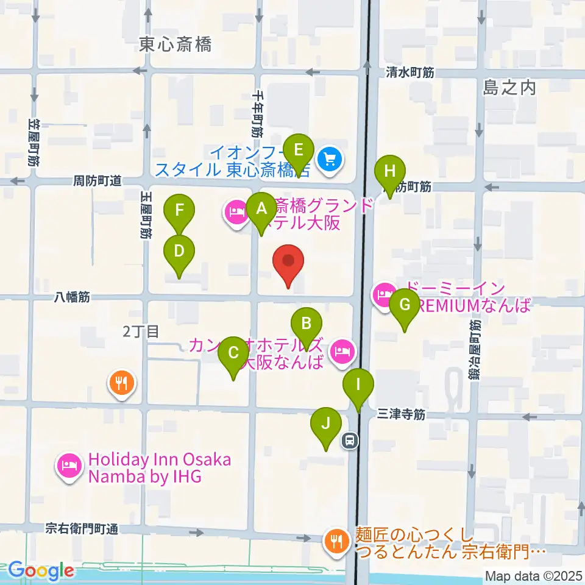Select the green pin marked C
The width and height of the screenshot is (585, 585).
click(x=233, y=353)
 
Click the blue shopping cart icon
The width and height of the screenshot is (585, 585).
click(x=330, y=160)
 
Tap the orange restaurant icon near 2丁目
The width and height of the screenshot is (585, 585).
click(x=122, y=383)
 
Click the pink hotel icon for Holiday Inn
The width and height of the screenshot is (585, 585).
click(x=69, y=467)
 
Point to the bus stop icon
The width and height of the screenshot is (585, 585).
click(x=350, y=440)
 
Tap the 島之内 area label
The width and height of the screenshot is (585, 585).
click(x=509, y=88)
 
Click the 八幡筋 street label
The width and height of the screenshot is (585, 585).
click(x=72, y=297)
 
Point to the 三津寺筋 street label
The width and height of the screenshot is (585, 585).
click(x=400, y=414)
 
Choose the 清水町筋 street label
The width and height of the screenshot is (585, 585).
click(x=409, y=72)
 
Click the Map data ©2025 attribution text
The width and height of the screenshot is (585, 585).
click(x=534, y=575)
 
